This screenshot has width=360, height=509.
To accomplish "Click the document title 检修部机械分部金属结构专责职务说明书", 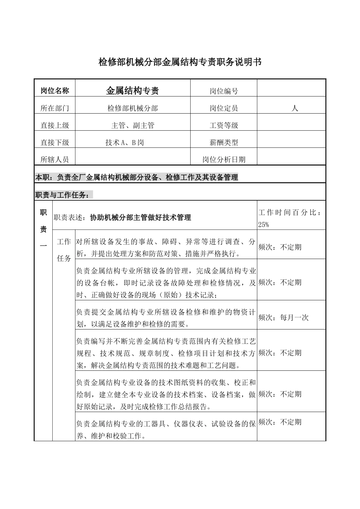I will [180, 62].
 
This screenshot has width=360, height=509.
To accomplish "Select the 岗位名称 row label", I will [55, 91].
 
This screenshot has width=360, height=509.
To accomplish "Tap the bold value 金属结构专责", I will [132, 91].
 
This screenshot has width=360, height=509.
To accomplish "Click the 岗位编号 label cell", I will [224, 91].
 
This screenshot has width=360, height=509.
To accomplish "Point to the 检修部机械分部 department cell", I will [132, 108].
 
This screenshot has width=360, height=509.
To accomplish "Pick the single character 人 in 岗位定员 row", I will [295, 108].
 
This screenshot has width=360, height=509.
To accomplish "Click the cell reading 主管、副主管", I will [133, 125].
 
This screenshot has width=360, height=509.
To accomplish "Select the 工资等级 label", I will [224, 125].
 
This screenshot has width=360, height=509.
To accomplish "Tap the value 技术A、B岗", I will [125, 143].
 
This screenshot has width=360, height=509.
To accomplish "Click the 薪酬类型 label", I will [224, 143].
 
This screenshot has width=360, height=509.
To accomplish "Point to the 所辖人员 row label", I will [55, 159].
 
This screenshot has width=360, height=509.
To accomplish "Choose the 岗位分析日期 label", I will [224, 159].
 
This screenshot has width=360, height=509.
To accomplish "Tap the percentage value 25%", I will [263, 225].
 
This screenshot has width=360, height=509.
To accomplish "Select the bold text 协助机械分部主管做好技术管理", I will [140, 217].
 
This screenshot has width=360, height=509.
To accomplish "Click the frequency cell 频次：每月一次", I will [283, 318].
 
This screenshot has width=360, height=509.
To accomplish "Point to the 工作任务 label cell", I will [64, 250].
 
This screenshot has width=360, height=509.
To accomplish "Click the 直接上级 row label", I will [55, 125].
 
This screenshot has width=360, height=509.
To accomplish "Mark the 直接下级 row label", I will [55, 143].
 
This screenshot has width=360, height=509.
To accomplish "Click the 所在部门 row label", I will [55, 108].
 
